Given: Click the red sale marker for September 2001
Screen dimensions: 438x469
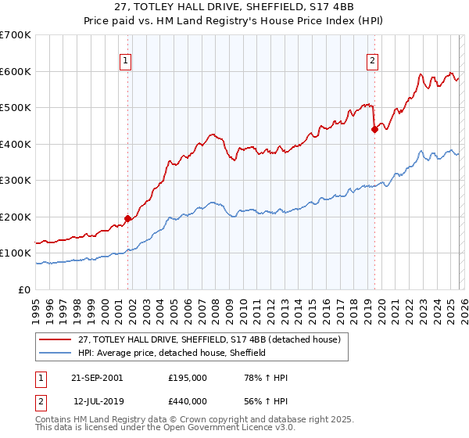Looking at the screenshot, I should pyautogui.click(x=127, y=219).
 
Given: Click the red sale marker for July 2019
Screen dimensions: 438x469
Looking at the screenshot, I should pyautogui.click(x=374, y=130).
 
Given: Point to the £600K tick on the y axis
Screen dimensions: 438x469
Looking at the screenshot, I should pyautogui.click(x=16, y=71).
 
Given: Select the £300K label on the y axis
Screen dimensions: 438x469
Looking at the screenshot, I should pyautogui.click(x=16, y=181).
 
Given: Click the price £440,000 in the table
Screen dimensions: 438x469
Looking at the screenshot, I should pyautogui.click(x=188, y=400).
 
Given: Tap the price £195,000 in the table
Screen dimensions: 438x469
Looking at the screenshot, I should pyautogui.click(x=188, y=378).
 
